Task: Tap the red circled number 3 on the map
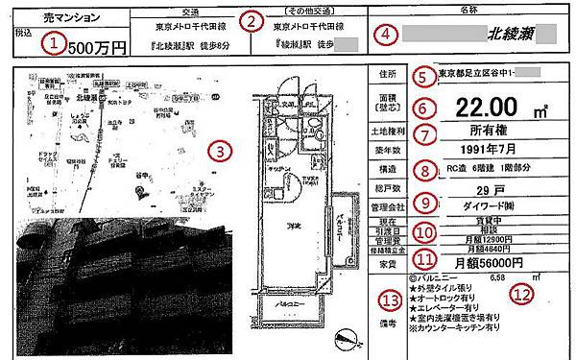[222, 151]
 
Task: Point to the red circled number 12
[521, 295]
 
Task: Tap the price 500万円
[99, 46]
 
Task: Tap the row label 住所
[389, 74]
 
